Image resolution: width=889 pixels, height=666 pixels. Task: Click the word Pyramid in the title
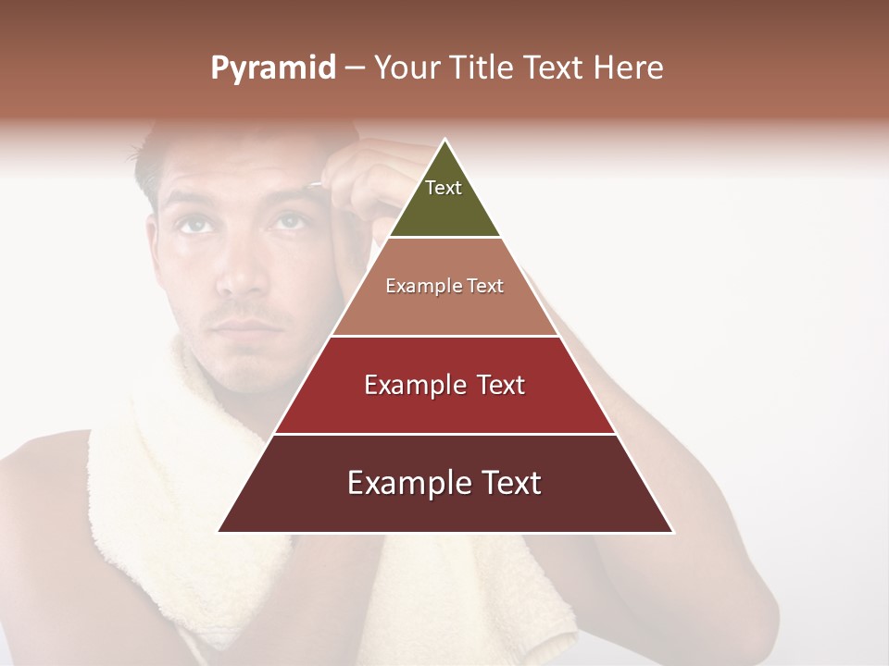(x=272, y=68)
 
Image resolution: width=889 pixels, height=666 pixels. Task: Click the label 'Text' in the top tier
(x=444, y=188)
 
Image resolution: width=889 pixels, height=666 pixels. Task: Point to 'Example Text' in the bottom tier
(x=444, y=483)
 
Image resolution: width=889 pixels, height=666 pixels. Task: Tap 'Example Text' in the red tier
(x=444, y=385)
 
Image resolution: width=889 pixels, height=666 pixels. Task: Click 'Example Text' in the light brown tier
(x=444, y=286)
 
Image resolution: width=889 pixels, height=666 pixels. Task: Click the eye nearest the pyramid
(x=289, y=221)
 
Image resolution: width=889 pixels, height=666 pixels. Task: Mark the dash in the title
(x=354, y=68)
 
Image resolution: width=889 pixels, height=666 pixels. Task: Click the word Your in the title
(x=404, y=68)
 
